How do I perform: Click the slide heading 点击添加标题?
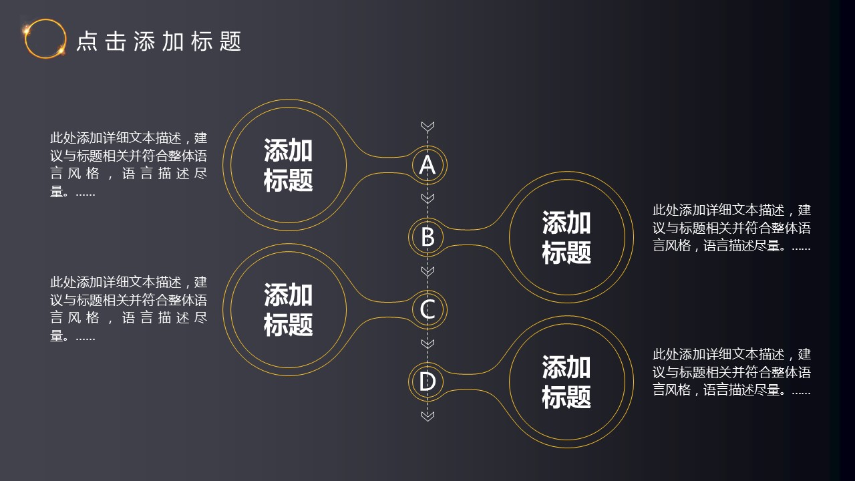click(x=159, y=41)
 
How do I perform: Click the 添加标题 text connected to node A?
click(x=288, y=165)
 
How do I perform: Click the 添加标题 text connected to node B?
click(x=566, y=237)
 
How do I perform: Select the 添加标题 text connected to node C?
click(x=288, y=309)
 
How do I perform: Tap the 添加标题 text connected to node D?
click(x=566, y=381)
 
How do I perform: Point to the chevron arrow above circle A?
click(x=427, y=127)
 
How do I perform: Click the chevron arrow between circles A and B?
click(x=427, y=198)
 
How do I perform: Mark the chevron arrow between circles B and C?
click(x=427, y=271)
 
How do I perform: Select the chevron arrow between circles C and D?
click(x=427, y=343)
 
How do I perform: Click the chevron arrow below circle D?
click(x=427, y=416)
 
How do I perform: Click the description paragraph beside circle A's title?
click(x=129, y=164)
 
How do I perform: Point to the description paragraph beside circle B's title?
click(x=731, y=228)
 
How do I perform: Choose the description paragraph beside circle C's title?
click(x=129, y=309)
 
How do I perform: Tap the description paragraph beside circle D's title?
click(x=731, y=372)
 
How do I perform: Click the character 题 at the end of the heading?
click(x=230, y=41)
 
